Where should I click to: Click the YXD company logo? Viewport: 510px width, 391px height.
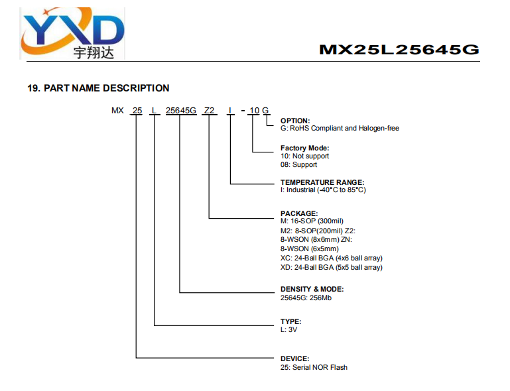72,33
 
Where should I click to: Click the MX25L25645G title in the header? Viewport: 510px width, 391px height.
399,50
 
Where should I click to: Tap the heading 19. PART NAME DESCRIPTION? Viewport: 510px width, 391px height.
98,88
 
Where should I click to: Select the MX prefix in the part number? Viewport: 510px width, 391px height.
117,111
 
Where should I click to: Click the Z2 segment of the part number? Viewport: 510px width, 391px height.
209,111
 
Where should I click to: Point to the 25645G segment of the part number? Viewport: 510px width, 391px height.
181,111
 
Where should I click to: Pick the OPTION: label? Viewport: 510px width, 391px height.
295,121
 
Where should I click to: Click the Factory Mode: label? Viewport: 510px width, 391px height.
305,148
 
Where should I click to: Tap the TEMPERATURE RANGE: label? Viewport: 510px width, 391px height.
322,182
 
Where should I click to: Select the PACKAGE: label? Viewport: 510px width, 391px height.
299,213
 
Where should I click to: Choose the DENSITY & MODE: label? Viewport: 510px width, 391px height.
312,289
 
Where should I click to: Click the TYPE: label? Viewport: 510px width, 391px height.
290,321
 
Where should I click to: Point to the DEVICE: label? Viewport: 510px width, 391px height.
294,359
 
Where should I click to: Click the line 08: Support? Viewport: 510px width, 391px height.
298,164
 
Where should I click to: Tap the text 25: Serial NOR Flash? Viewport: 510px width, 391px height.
314,367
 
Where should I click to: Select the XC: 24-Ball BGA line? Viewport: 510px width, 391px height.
332,258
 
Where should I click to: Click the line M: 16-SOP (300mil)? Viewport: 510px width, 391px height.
312,221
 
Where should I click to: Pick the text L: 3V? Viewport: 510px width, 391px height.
289,329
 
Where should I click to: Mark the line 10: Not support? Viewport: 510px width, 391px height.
305,156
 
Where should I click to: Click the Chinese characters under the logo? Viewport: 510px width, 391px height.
94,52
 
